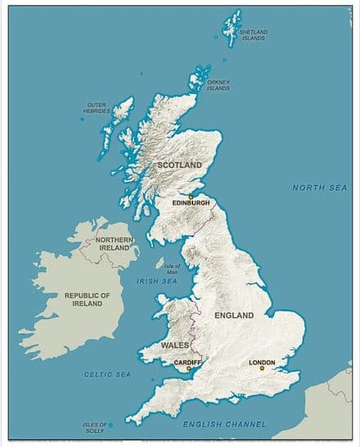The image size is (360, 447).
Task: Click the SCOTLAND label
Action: coord(179,165)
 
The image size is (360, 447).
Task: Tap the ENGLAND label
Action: coord(233,314)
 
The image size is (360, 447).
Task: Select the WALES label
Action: coord(175,345)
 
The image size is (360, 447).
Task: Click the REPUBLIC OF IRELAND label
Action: coord(88,299)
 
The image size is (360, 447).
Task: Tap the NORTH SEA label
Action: coord(319,187)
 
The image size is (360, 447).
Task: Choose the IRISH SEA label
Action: coord(157,282)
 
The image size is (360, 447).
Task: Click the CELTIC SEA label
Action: coord(107,374)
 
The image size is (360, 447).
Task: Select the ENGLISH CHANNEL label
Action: coord(223,423)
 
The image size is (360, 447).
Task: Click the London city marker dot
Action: coord(262,368)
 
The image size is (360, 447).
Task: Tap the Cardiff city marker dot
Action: coord(188,368)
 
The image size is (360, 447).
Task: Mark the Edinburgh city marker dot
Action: coord(191,196)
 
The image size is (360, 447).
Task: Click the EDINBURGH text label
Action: coord(191,203)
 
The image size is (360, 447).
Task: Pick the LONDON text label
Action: coord(262,361)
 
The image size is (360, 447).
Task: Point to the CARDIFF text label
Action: coord(188,361)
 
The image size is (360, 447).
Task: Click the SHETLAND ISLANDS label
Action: coord(254,35)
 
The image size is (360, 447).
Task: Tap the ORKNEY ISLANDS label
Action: coord(219,85)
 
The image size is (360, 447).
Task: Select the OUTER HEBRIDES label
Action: coord(97,107)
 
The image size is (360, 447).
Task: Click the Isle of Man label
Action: coord(172,269)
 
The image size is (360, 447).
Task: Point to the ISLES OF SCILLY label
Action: coord(94,427)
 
